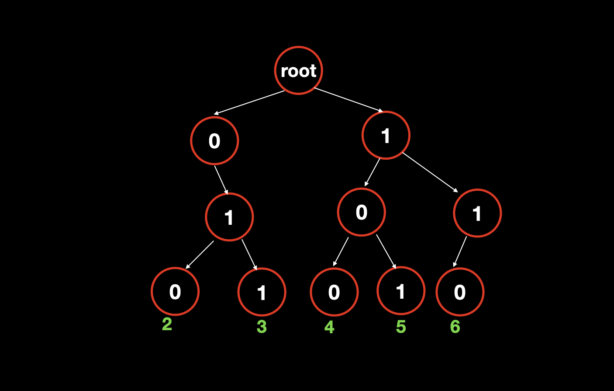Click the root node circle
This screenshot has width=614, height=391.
click(x=299, y=70)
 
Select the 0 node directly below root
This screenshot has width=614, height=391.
click(x=214, y=141)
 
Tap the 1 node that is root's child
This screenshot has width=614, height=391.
click(x=386, y=135)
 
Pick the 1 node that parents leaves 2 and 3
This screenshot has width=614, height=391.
click(x=229, y=217)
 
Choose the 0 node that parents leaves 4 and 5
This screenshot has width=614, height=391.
click(x=362, y=212)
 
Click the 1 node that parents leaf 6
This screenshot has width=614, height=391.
click(x=477, y=213)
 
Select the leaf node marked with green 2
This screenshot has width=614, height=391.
click(x=175, y=291)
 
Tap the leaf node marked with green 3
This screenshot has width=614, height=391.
click(x=262, y=292)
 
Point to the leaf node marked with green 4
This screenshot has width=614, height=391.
click(x=334, y=292)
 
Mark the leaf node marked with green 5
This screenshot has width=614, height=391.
click(x=401, y=291)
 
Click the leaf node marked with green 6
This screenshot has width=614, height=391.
click(x=460, y=292)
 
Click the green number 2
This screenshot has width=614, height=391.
click(x=167, y=325)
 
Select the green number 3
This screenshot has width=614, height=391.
click(x=262, y=327)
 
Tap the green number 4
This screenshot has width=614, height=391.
click(x=329, y=327)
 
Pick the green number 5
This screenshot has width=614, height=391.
click(x=401, y=327)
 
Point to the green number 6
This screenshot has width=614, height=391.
click(x=455, y=327)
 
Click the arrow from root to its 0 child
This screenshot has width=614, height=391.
click(x=249, y=103)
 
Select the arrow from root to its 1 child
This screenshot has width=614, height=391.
click(x=348, y=100)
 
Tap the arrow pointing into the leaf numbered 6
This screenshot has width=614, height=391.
click(x=460, y=251)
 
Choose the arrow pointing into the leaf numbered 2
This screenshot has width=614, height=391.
click(x=200, y=255)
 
